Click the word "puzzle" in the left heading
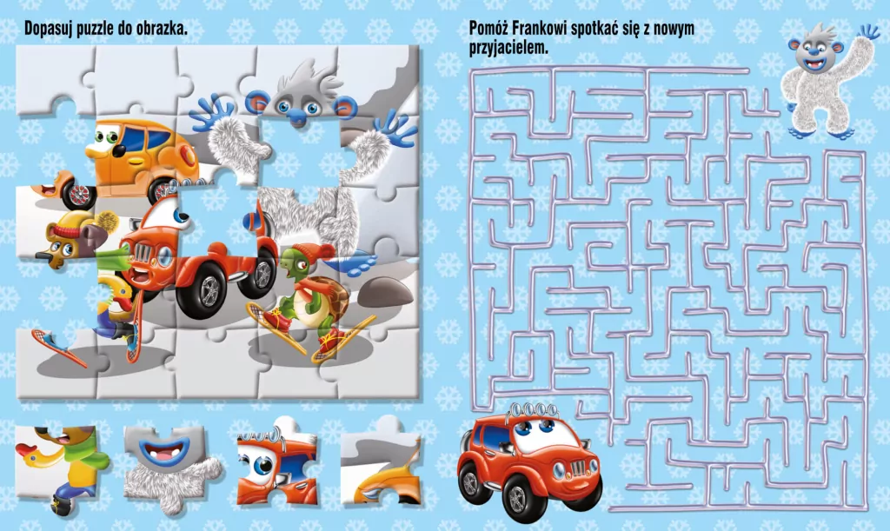[90, 29]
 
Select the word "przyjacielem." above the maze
[508, 48]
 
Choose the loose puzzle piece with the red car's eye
[276, 462]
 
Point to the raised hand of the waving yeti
[868, 32]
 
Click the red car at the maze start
[529, 460]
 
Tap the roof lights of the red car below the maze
[530, 409]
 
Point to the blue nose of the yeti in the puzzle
[296, 116]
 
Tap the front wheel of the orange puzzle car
[79, 195]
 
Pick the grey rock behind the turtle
[386, 293]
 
